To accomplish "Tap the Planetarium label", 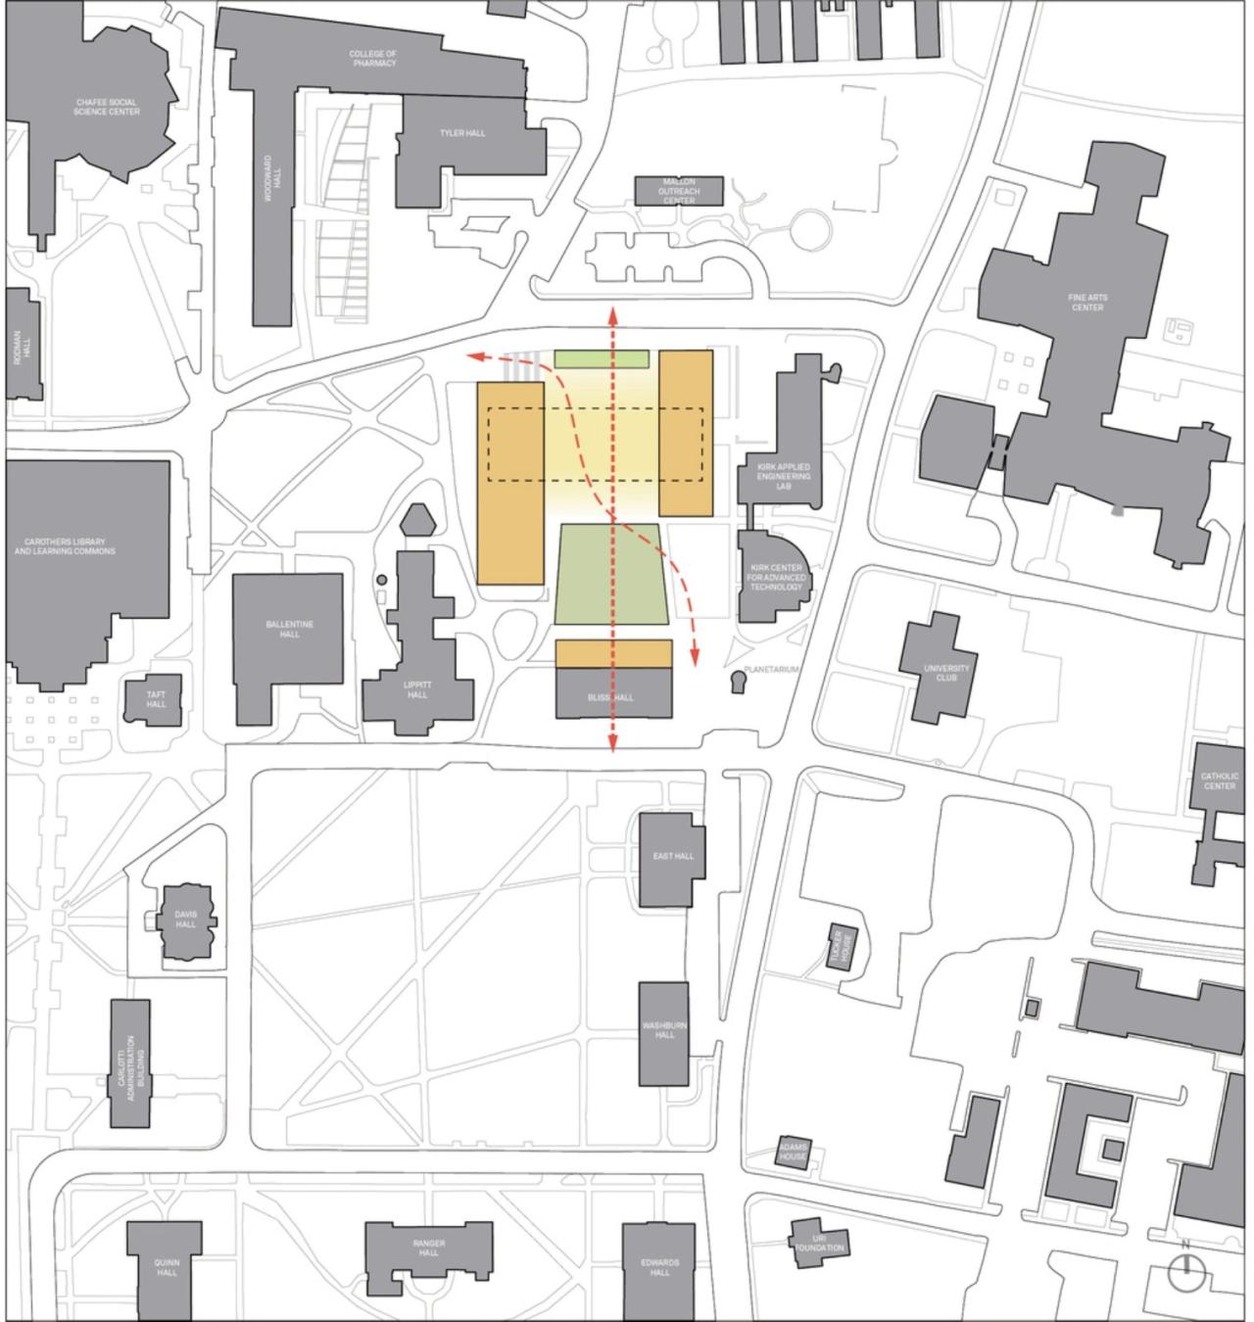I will (x=772, y=670).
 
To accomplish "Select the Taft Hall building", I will (x=154, y=700).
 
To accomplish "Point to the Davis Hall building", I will (x=185, y=921).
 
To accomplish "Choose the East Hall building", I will (x=672, y=858).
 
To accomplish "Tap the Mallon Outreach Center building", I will (x=678, y=191).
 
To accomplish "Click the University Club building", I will (x=944, y=670).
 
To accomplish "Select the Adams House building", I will (x=793, y=1151).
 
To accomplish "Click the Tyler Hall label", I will (x=462, y=133).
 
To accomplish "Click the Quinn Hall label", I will (x=167, y=1268).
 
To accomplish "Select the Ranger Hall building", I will (x=428, y=1250).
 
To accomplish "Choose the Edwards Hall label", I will (x=659, y=1268).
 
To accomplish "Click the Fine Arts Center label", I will (x=1087, y=303).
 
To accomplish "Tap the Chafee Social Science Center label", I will (x=107, y=107).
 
